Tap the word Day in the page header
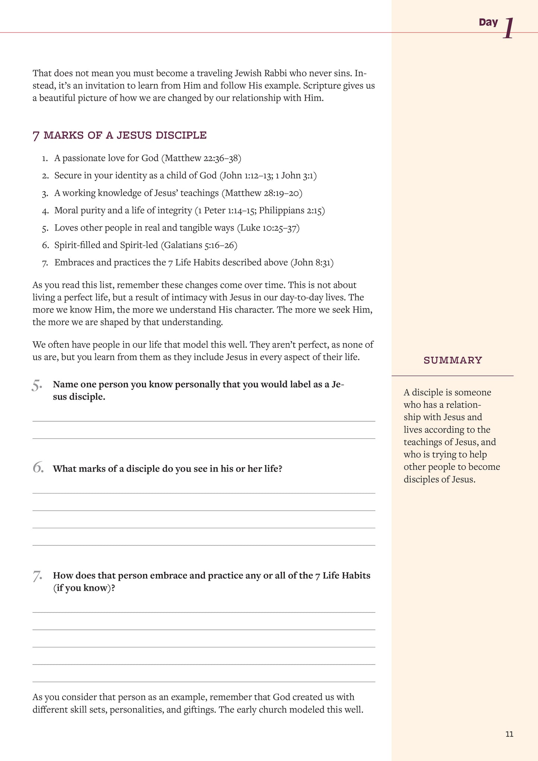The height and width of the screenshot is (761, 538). tap(488, 22)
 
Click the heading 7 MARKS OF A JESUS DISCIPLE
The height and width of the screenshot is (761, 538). tap(120, 135)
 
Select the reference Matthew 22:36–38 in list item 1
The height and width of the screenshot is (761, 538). tap(201, 158)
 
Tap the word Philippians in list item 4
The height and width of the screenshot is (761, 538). tap(281, 210)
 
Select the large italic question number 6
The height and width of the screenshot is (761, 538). tap(38, 467)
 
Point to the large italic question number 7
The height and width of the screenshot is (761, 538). tap(37, 576)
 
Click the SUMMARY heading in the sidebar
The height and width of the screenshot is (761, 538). tap(453, 360)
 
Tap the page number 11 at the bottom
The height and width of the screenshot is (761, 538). tap(509, 734)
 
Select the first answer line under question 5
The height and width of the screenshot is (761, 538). tap(204, 421)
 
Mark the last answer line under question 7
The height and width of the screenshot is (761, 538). tap(204, 682)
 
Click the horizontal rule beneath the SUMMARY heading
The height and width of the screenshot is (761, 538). tap(452, 375)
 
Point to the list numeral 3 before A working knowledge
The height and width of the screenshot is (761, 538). tap(45, 194)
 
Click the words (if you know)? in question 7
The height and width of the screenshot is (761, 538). tap(84, 588)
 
